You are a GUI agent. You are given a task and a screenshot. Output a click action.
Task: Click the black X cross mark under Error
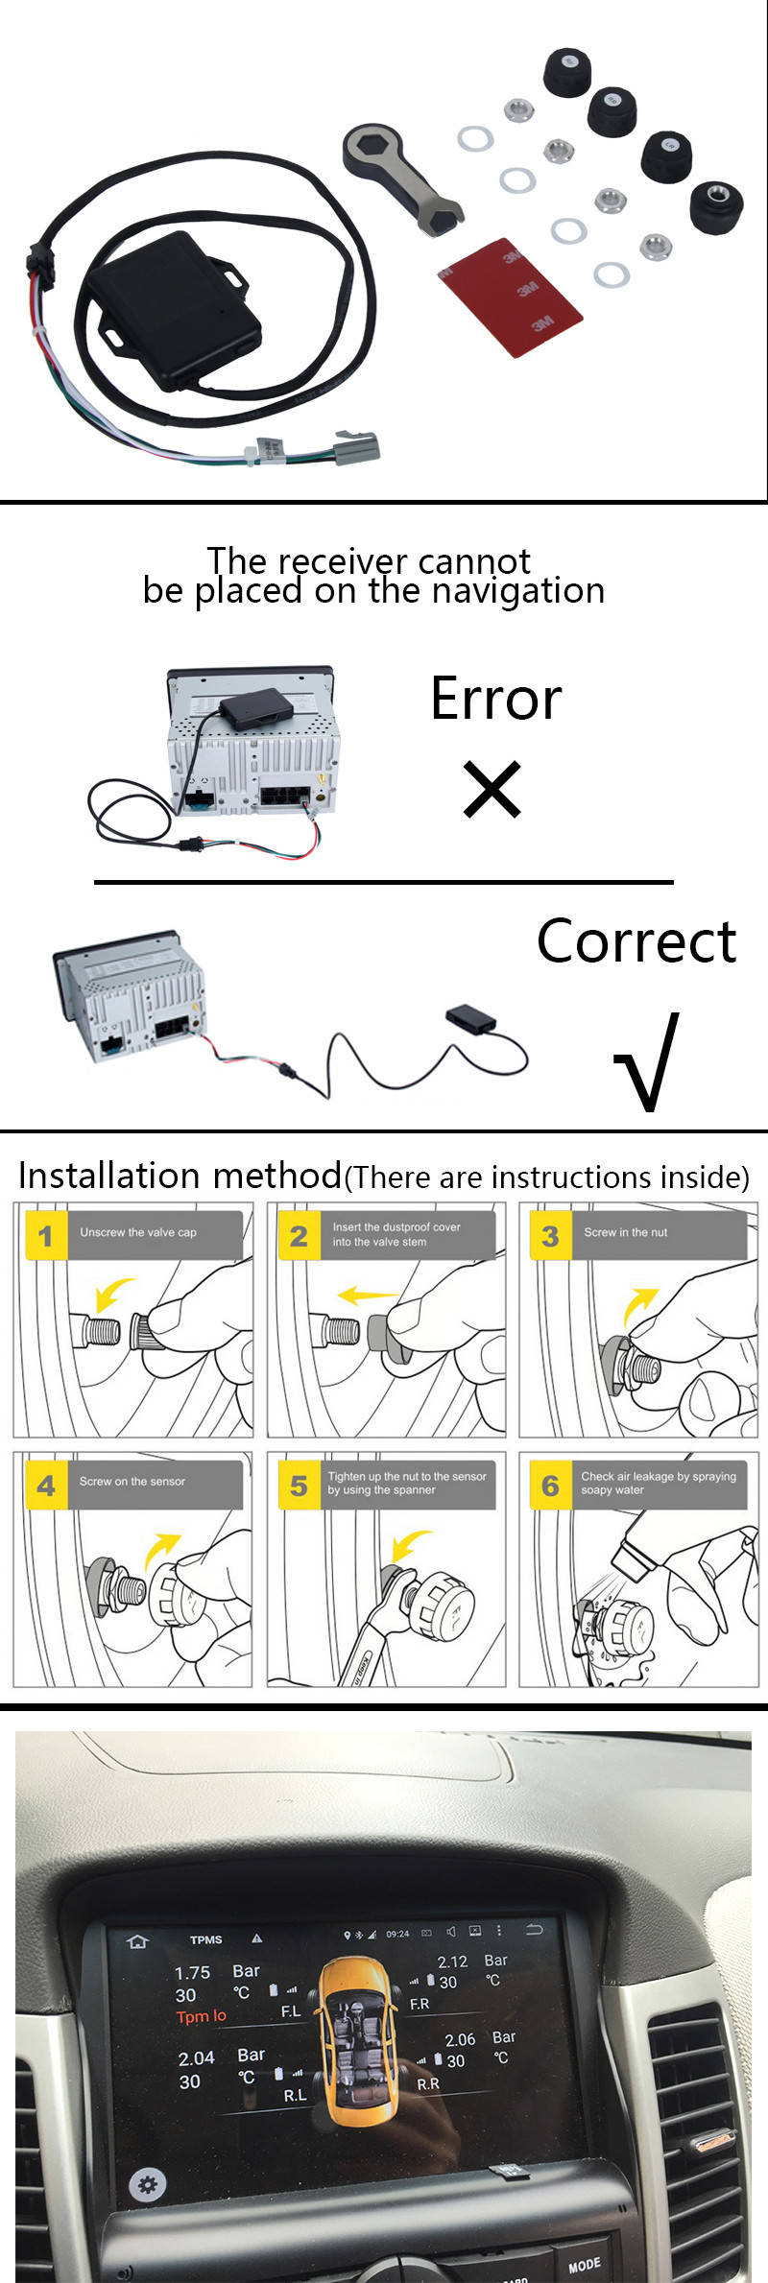point(492,789)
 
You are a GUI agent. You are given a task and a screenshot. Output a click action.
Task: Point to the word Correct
point(636,940)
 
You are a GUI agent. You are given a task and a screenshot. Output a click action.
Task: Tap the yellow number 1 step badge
point(45,1236)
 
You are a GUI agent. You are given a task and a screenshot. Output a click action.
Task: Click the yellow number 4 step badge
point(45,1485)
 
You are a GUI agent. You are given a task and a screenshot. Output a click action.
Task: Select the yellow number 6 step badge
point(549,1485)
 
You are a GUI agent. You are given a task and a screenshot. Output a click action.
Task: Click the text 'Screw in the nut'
point(625,1232)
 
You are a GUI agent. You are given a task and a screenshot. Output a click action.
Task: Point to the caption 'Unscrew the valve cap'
point(138,1232)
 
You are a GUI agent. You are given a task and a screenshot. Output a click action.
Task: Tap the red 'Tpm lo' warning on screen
point(202,2016)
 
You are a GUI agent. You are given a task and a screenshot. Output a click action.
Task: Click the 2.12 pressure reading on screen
point(452,1962)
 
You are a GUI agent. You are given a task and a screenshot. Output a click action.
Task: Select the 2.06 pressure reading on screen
point(460,2039)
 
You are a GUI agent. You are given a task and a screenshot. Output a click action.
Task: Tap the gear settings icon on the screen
point(147,2184)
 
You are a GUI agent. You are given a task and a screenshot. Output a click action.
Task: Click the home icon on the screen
point(137,1940)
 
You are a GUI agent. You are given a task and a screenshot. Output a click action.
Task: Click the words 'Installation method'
point(180,1176)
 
